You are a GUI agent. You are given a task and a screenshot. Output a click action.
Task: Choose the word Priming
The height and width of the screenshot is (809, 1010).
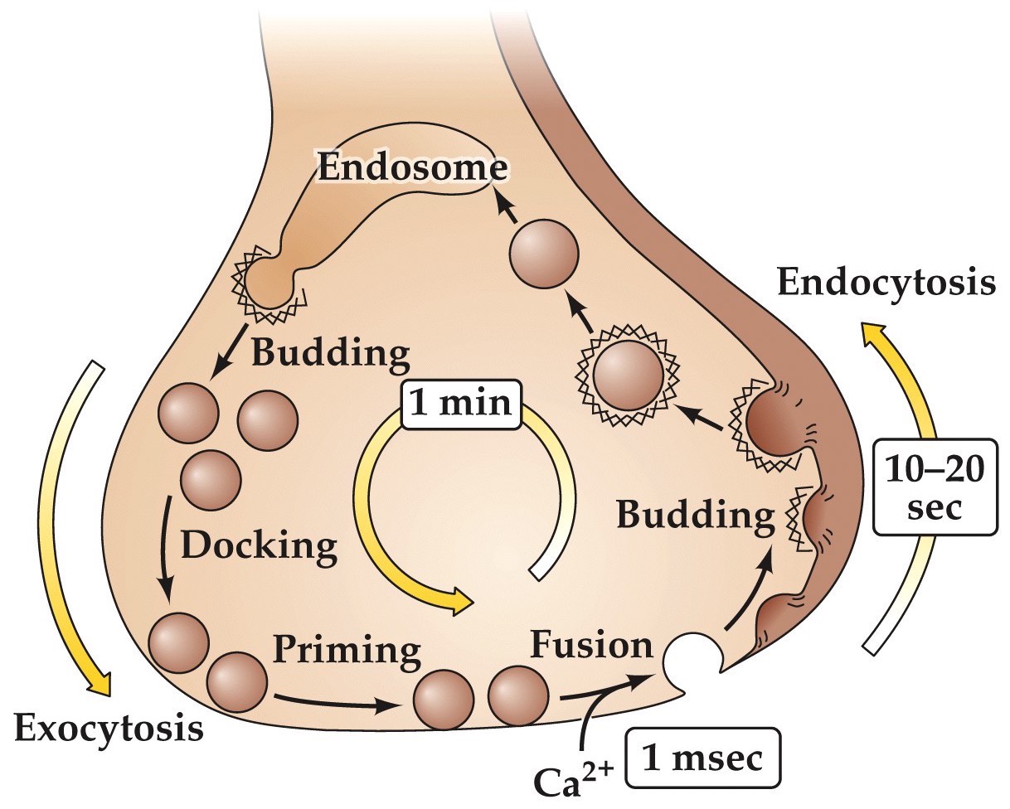346,650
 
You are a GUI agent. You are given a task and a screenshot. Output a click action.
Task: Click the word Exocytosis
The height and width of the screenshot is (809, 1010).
108,729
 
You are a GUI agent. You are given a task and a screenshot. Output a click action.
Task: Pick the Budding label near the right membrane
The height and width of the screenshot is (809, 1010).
692,516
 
